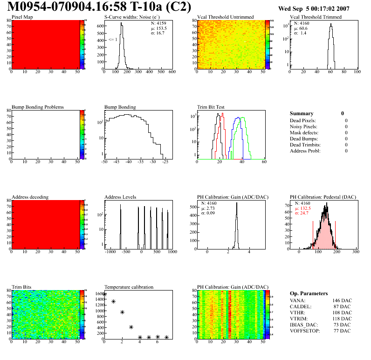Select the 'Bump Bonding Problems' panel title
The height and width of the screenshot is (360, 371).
point(38,107)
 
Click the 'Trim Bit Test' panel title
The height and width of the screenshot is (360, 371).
point(213,107)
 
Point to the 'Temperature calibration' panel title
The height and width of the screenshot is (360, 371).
point(129,287)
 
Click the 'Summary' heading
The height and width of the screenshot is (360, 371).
point(302,113)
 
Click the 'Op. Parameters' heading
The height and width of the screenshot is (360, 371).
point(309,293)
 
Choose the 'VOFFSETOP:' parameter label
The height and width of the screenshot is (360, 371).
point(305,331)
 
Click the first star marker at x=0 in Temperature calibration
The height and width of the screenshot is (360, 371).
point(104,294)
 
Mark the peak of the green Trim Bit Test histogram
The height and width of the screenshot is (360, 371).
point(242,117)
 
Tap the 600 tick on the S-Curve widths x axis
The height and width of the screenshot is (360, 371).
point(172,73)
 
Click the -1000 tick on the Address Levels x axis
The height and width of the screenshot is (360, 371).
point(110,252)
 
